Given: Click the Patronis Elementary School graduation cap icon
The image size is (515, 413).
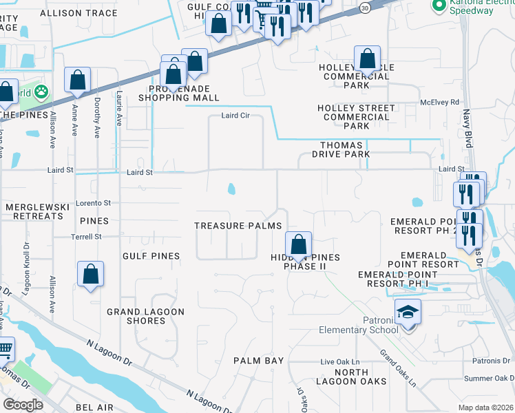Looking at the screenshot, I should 408,313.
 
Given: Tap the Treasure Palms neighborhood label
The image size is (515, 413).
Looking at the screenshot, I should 238,226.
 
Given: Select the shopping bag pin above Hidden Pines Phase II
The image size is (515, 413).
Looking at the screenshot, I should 298,244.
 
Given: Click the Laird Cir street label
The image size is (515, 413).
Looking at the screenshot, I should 235,116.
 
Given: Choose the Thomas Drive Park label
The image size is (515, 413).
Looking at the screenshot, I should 346,149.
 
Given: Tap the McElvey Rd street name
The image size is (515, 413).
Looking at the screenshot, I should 439,103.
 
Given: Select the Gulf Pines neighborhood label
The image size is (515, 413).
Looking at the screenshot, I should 151,256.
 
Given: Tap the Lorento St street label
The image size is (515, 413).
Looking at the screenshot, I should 93,203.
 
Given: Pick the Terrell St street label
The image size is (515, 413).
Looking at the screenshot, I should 86,237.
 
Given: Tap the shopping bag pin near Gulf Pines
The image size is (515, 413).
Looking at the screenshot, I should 91,274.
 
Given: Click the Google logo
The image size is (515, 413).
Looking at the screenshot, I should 23,405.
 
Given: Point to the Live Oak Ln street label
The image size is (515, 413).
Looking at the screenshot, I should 340,362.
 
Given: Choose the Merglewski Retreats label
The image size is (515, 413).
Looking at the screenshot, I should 34,211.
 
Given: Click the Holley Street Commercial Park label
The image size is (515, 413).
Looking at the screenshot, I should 357,117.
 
